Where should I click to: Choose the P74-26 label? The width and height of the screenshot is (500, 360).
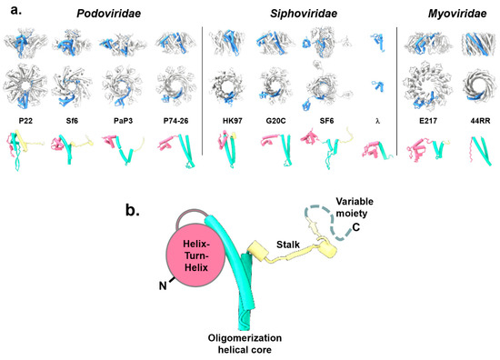[x=168, y=121]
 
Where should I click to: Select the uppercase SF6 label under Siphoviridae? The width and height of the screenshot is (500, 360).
[x=323, y=121]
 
